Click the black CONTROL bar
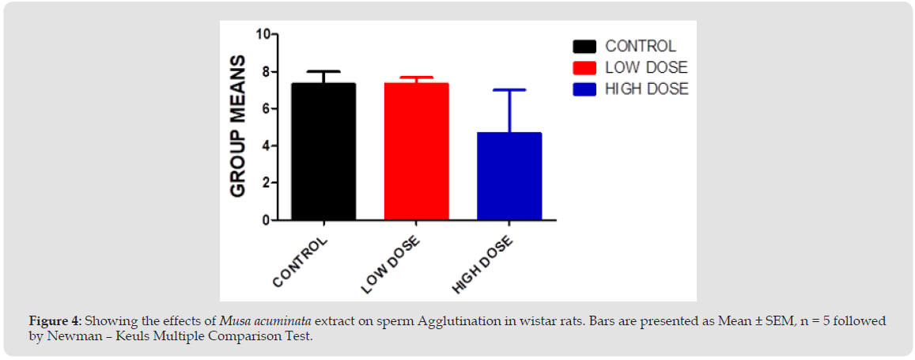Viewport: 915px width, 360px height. (x=323, y=151)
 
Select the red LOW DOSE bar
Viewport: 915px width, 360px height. (x=417, y=151)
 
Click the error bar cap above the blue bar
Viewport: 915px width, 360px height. (x=509, y=90)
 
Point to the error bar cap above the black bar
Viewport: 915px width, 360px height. (x=323, y=71)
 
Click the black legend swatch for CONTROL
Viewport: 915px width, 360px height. (x=584, y=47)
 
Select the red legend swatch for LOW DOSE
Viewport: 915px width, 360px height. (x=584, y=68)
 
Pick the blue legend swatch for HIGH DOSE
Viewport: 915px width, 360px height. (x=584, y=89)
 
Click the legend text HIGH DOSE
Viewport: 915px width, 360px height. (x=647, y=89)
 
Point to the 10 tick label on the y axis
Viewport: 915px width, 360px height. (x=263, y=35)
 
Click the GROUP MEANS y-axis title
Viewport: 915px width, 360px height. (x=238, y=127)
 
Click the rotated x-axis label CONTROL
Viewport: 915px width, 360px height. (x=300, y=262)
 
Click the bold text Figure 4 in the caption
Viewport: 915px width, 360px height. (x=55, y=321)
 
